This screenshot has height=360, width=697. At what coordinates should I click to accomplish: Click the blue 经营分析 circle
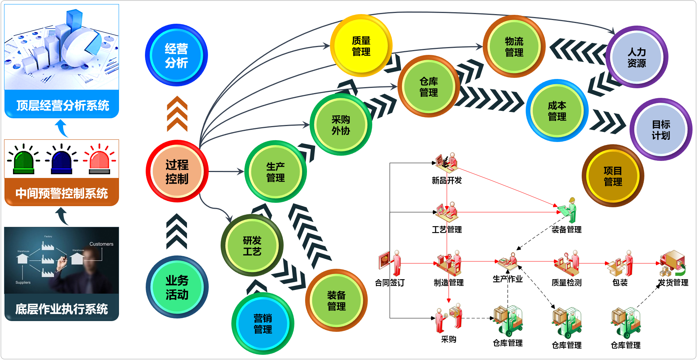point(176,56)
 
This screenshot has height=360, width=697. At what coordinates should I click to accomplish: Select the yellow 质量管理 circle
point(361,46)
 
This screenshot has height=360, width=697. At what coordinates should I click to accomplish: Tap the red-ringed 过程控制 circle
point(177,172)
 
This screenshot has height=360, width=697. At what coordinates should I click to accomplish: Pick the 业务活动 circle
point(177,287)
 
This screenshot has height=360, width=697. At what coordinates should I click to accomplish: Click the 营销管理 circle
point(262,324)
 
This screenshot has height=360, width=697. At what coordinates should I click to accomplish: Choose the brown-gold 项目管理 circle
point(612,176)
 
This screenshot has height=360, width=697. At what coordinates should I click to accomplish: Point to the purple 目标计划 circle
point(661,130)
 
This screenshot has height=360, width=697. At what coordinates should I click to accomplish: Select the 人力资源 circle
point(637,57)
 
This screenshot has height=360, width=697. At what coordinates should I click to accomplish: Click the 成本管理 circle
point(557,111)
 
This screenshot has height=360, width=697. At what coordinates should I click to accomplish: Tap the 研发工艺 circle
point(252,246)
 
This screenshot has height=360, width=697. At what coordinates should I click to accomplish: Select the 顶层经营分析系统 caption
point(62,106)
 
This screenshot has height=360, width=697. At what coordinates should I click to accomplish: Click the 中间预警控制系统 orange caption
point(62,193)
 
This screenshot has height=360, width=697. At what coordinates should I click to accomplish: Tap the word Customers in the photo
point(101,244)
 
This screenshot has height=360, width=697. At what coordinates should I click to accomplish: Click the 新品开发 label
point(447,181)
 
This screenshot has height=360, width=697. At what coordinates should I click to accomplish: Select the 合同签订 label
point(389,283)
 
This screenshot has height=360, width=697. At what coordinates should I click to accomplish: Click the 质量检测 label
point(566,283)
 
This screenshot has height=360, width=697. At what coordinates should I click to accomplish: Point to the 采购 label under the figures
point(449,339)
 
